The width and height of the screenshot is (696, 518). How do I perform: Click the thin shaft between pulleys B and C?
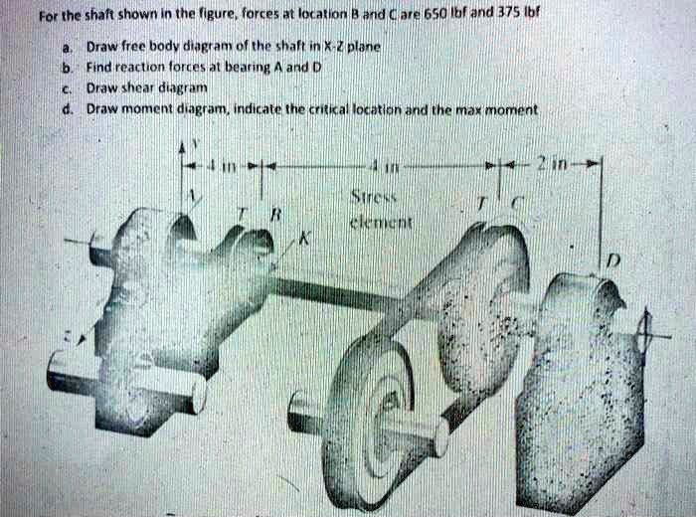click(338, 294)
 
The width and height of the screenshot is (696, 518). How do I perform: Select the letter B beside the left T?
click(278, 215)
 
